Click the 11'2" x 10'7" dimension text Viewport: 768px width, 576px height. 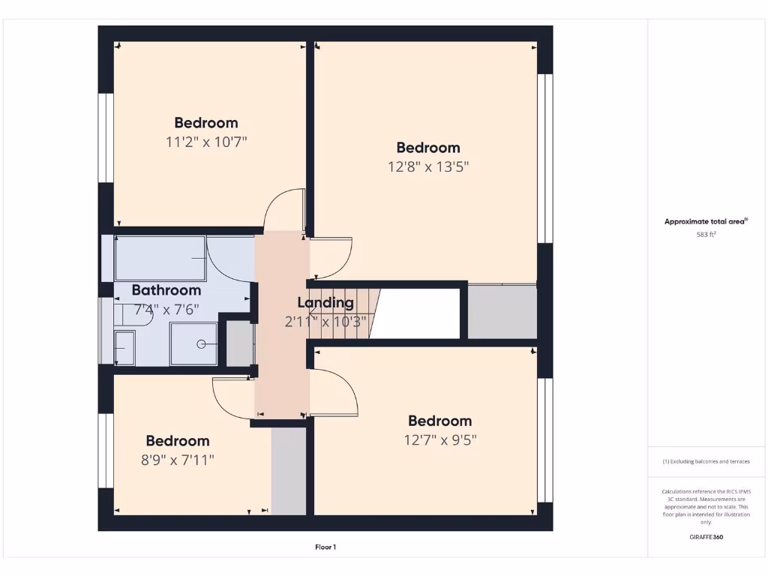(206, 141)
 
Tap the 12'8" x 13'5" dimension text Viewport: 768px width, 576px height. (428, 166)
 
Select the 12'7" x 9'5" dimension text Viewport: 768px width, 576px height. (439, 439)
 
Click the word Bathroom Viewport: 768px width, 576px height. (166, 290)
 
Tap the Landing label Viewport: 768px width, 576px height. (325, 303)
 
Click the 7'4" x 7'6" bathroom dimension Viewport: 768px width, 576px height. (166, 308)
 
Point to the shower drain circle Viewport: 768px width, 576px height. (201, 344)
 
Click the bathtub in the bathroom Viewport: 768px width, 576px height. (160, 258)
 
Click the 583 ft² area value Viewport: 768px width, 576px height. (706, 235)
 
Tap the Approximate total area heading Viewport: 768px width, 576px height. (705, 221)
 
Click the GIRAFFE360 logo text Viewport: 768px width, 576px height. (706, 537)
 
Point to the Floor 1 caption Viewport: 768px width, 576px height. (325, 547)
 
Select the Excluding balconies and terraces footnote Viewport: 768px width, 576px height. (706, 461)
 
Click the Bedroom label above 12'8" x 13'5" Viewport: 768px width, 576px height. (428, 148)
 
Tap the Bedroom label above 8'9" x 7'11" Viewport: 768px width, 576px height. (178, 441)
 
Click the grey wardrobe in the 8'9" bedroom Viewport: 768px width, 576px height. (288, 471)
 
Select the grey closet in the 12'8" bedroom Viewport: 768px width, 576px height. (502, 311)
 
